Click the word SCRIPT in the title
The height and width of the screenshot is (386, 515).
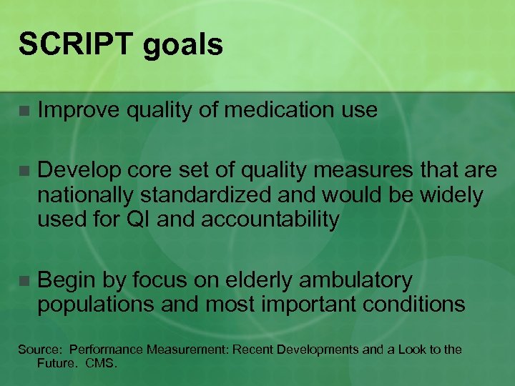(71, 44)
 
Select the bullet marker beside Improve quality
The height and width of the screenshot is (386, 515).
(24, 111)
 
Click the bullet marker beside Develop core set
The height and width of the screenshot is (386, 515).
(24, 171)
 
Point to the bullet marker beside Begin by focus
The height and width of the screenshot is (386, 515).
(24, 281)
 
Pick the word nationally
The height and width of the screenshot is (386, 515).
(85, 195)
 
